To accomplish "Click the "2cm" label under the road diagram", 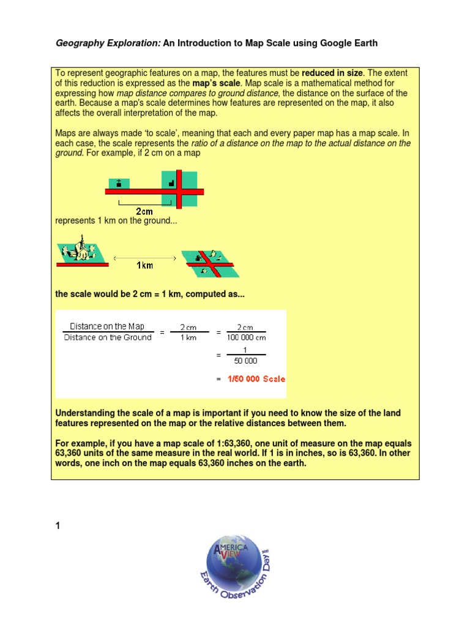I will pos(144,211).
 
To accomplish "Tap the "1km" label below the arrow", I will pos(144,265).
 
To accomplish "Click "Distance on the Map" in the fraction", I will pos(107,326).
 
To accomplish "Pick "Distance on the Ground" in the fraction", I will pos(107,337).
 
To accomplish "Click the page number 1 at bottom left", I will pos(58,525).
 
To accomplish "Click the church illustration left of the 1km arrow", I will pos(82,253).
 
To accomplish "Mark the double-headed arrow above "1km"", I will pos(144,258).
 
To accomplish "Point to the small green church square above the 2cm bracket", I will pos(119,183).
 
